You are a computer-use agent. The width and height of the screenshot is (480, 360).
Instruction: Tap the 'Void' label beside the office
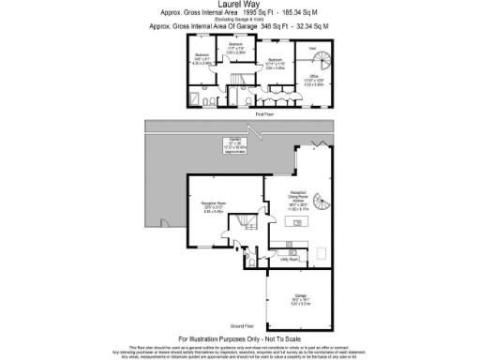(313, 48)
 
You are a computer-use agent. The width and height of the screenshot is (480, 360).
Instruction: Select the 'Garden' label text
(239, 142)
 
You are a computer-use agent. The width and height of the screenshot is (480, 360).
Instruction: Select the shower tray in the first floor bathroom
(199, 98)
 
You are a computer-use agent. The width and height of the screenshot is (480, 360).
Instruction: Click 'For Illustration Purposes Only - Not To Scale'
(239, 337)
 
